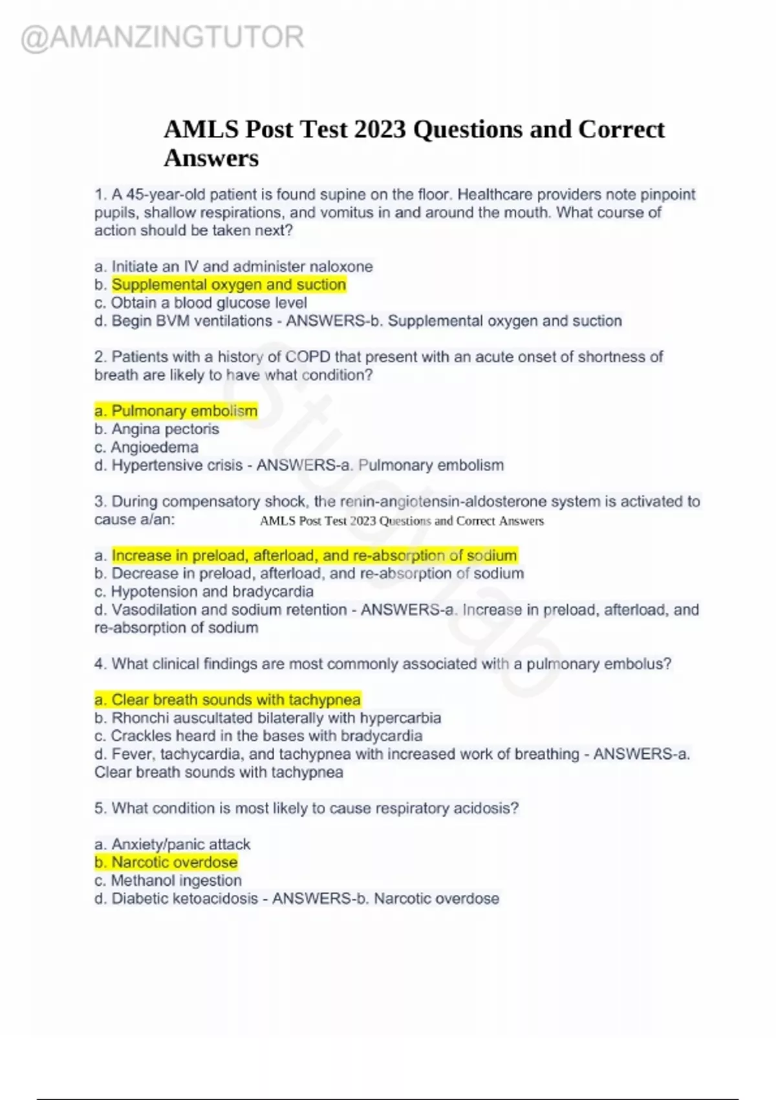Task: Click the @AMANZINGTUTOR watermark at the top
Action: coord(162,38)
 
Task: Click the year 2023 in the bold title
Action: coord(380,129)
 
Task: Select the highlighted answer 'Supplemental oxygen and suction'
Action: coord(229,285)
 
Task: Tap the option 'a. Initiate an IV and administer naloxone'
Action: coord(233,267)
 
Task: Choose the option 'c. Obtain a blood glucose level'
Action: coord(200,303)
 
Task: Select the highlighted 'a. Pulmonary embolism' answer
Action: coord(176,411)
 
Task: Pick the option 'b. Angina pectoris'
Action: coord(156,429)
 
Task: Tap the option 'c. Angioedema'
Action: coord(146,447)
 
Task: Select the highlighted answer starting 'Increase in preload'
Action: coord(314,555)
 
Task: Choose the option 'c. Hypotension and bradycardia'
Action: coord(204,591)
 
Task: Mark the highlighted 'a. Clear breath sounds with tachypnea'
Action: coord(228,699)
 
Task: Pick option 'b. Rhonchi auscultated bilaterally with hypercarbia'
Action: coord(268,718)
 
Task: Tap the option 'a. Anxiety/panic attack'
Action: coord(172,844)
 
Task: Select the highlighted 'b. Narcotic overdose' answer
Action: coord(166,863)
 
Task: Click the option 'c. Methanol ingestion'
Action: coord(168,881)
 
